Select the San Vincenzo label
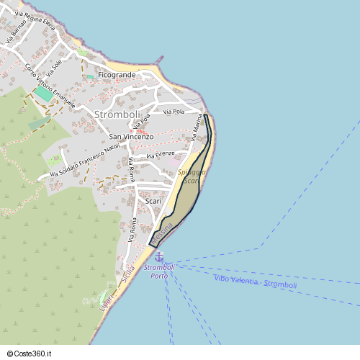point(131,136)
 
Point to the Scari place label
point(153,202)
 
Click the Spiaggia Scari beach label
point(191,177)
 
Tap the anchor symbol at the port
point(159,257)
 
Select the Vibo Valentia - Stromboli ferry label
point(255,282)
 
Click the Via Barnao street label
point(17,33)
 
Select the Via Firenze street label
point(161,155)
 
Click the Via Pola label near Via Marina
point(174,112)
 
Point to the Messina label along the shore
point(162,233)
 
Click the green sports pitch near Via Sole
point(42,94)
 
